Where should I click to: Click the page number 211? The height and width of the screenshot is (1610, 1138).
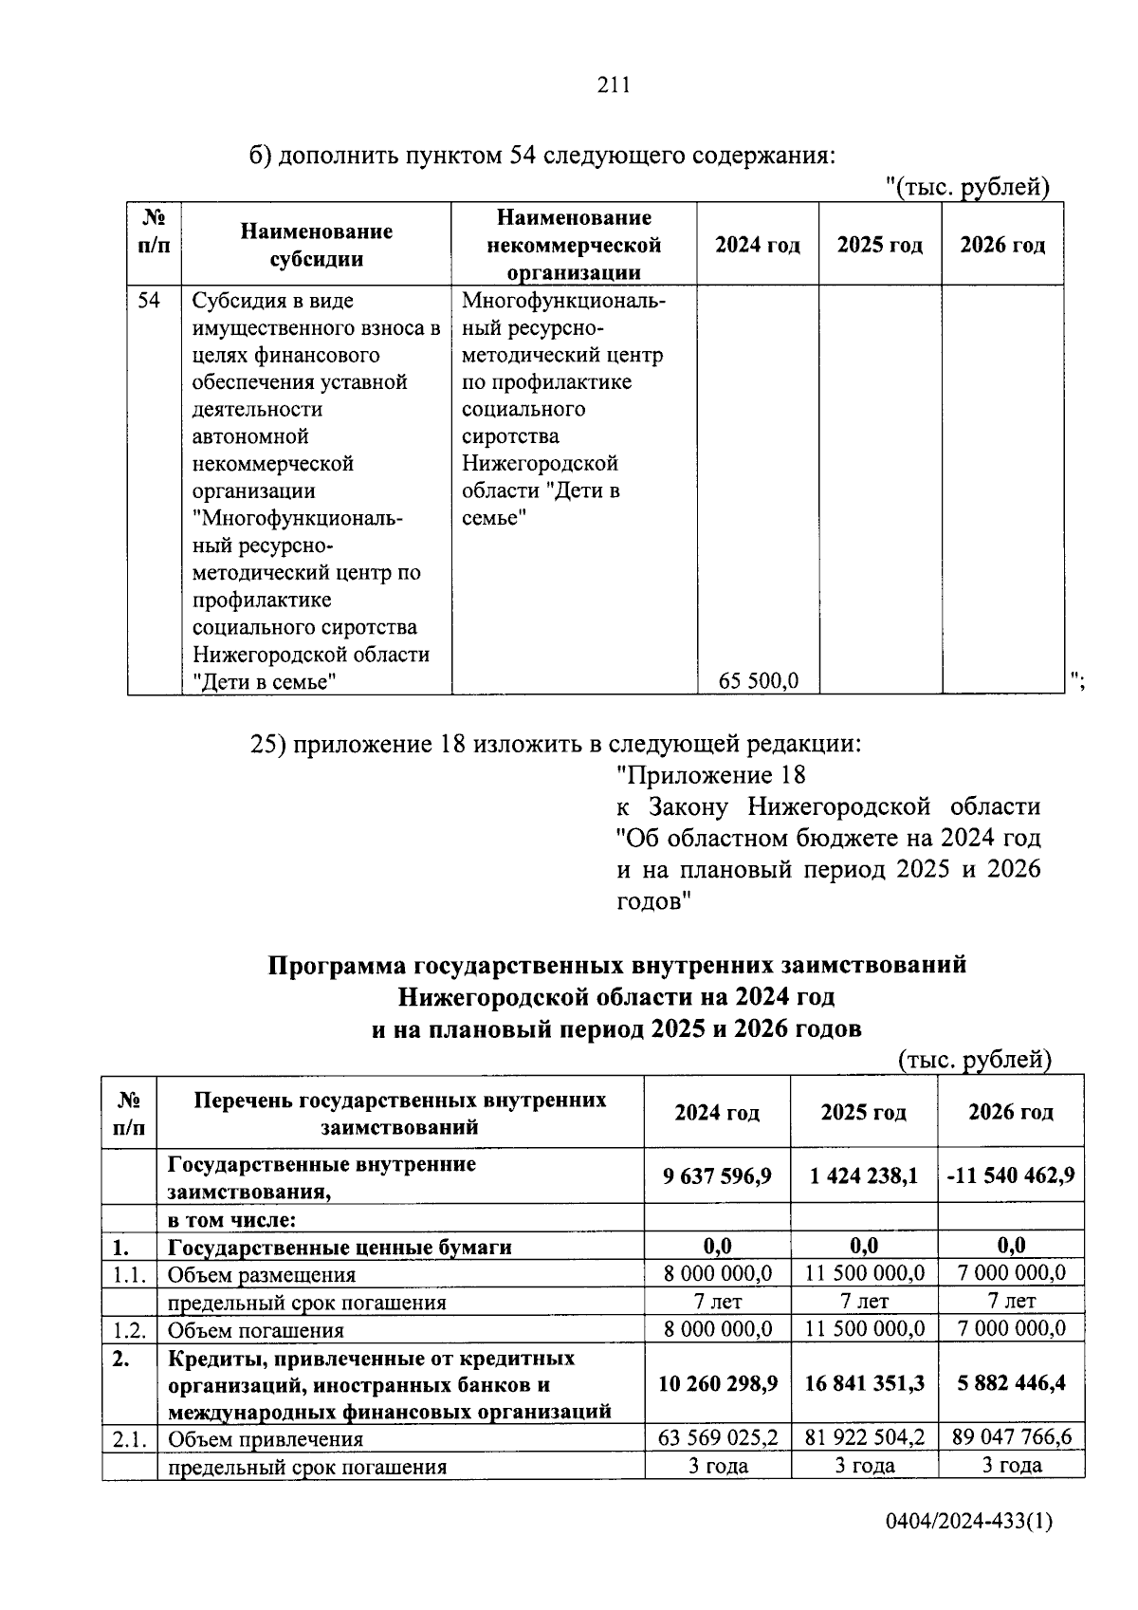click(x=614, y=86)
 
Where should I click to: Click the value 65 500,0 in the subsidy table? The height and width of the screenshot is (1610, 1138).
click(x=759, y=680)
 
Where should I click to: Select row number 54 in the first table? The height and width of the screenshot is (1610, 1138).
click(x=150, y=301)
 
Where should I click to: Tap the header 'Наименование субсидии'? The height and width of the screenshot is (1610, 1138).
click(x=316, y=245)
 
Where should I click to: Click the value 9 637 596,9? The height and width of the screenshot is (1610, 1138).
click(x=717, y=1176)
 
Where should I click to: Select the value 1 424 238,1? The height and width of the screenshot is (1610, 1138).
click(x=864, y=1176)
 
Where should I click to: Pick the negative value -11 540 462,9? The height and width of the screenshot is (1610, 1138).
click(x=1010, y=1176)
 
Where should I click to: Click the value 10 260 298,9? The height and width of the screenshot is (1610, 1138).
click(x=718, y=1383)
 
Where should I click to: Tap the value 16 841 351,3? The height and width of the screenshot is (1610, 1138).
click(x=864, y=1383)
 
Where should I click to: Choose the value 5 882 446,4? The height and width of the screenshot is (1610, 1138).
click(x=1010, y=1383)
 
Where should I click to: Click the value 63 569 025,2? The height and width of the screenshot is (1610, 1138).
click(x=718, y=1437)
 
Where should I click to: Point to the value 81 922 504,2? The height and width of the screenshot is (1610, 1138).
click(x=864, y=1437)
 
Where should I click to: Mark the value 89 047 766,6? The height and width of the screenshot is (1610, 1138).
click(x=1011, y=1437)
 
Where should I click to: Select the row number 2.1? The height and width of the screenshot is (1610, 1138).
click(x=128, y=1439)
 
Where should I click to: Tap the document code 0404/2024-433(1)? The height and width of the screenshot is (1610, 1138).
click(x=968, y=1548)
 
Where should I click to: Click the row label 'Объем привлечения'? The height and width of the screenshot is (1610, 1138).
click(x=266, y=1439)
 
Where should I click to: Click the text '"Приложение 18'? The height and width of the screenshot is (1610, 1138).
click(x=710, y=775)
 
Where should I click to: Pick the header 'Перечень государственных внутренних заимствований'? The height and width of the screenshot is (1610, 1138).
click(x=399, y=1113)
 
